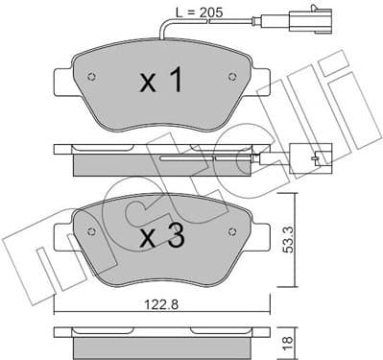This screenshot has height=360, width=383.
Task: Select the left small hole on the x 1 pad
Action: pyautogui.click(x=91, y=78)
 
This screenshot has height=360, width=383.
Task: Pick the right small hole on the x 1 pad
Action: pyautogui.click(x=230, y=78)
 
